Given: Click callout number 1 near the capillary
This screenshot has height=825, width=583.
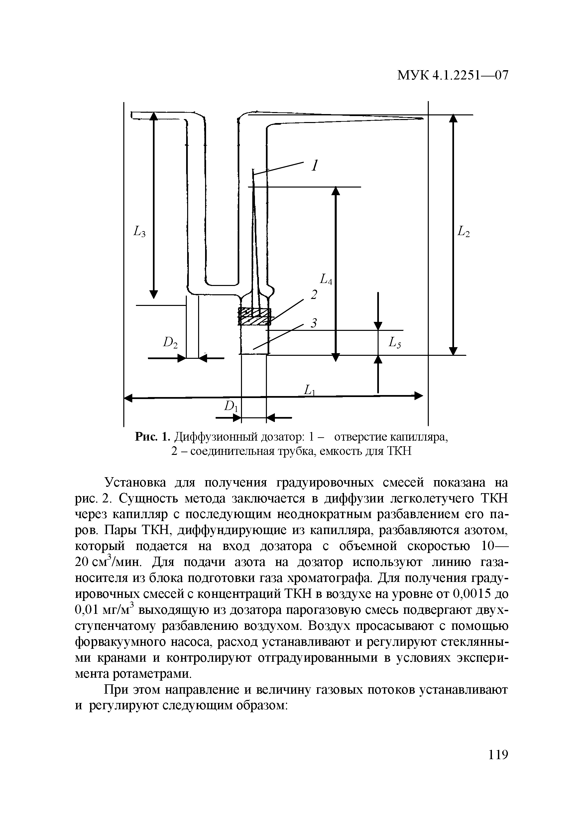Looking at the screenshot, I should tap(315, 166).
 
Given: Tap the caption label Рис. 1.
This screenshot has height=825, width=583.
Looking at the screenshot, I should tap(152, 437).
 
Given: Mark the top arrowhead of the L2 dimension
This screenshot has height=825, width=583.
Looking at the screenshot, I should tap(454, 119).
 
